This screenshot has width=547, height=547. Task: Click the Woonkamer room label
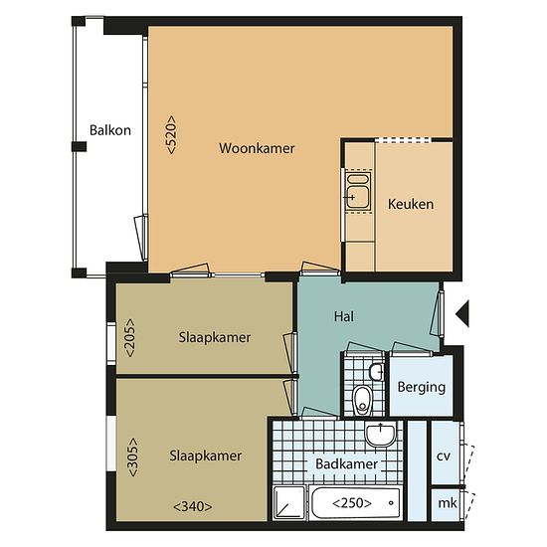click(257, 148)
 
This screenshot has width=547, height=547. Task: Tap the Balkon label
click(110, 130)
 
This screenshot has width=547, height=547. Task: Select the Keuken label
click(411, 204)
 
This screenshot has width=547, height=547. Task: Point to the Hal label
click(344, 316)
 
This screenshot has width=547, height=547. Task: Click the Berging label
click(422, 388)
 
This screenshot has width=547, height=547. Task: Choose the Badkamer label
click(346, 464)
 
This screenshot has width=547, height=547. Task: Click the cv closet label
click(444, 456)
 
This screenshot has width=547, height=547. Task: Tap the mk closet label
click(448, 503)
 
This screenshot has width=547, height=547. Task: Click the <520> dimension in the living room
click(172, 134)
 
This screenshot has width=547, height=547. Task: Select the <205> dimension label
click(129, 337)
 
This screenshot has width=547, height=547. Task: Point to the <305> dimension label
click(133, 457)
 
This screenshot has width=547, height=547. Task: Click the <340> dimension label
click(193, 506)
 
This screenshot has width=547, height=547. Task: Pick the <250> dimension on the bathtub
click(352, 503)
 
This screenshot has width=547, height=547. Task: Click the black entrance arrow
click(462, 313)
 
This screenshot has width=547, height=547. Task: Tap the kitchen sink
click(358, 191)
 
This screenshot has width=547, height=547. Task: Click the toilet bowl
click(362, 400)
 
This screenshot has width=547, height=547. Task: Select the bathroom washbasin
click(380, 434)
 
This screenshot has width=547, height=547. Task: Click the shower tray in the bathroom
click(288, 502)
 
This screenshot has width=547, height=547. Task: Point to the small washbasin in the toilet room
click(377, 372)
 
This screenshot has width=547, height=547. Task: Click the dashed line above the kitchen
click(403, 140)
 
